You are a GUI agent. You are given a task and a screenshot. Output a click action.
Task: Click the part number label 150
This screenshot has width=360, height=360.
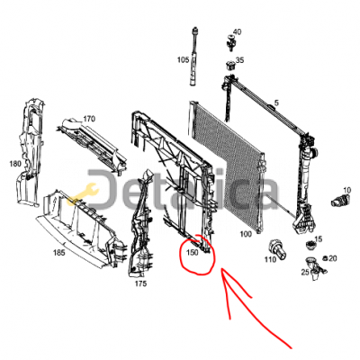coord(193,253)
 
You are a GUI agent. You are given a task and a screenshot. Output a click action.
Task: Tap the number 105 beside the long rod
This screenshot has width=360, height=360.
coord(183,60)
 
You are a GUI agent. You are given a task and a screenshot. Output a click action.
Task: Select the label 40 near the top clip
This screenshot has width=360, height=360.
coord(237,31)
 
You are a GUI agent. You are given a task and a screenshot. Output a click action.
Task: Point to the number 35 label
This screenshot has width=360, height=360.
coord(239,60)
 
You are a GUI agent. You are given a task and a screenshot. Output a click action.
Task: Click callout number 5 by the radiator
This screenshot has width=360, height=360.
coord(276,103)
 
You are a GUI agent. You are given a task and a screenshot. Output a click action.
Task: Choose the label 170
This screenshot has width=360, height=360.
coord(89,119)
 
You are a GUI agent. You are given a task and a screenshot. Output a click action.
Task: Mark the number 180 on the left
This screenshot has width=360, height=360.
coord(15,164)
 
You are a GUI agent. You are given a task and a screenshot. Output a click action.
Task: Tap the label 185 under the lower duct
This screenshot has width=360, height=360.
coord(58,253)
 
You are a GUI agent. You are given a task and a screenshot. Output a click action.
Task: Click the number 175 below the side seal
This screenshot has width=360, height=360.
coord(140,283)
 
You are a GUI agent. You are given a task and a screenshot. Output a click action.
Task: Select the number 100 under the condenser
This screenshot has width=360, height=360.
coord(246,234)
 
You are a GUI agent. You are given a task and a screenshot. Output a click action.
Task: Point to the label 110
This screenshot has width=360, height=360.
coord(270,259)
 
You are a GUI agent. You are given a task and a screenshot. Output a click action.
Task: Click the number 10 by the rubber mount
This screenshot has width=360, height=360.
coord(346,190)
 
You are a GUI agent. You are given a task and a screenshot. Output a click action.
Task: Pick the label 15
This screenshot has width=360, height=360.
coord(319,239)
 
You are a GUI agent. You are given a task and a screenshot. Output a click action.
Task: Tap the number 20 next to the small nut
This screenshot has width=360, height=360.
coord(333,258)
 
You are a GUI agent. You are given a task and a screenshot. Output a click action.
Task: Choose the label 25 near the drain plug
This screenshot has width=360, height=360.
coord(305,272)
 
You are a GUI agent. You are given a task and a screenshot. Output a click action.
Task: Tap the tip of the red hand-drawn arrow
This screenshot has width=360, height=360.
coord(221,269)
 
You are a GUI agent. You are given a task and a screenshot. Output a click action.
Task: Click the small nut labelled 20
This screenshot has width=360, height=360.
coord(325,257)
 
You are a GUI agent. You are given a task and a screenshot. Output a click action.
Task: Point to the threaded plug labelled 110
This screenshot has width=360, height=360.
coord(277,249)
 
